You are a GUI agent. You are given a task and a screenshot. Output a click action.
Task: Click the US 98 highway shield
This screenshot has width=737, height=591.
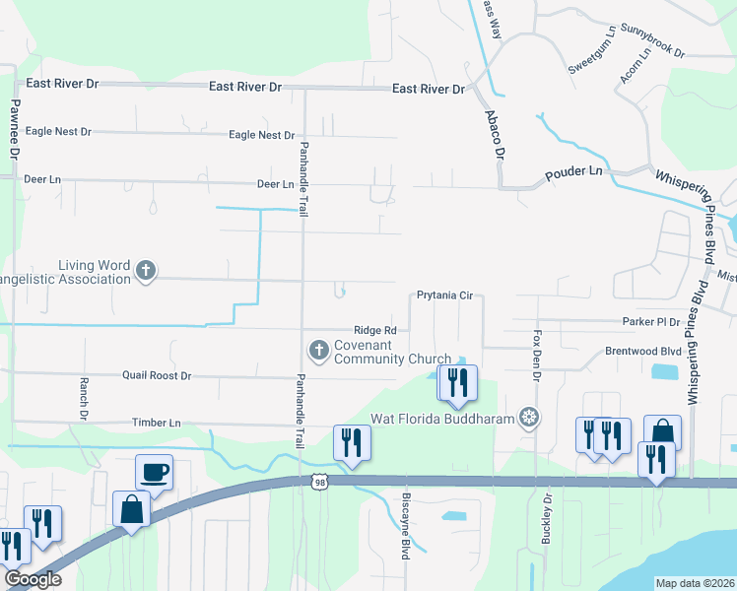click(317, 481)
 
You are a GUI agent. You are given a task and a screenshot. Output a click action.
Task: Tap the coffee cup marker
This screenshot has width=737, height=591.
click(154, 472)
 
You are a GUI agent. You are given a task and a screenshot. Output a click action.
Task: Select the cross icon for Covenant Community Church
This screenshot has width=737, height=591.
click(319, 350)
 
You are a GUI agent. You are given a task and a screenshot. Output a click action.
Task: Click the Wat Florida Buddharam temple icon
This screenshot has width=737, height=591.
click(530, 418)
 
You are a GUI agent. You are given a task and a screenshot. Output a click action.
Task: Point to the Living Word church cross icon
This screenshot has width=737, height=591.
click(146, 271)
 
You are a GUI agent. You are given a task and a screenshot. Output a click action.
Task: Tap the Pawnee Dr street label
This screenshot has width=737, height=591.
click(15, 129)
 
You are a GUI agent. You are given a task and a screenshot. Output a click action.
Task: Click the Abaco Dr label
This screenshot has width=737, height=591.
click(495, 134)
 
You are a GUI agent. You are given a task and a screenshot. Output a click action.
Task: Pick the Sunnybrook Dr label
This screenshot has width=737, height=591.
click(653, 40)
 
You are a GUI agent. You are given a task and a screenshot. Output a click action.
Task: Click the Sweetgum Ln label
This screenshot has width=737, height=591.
click(592, 55)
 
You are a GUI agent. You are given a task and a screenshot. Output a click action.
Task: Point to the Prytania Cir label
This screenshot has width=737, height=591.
click(445, 295)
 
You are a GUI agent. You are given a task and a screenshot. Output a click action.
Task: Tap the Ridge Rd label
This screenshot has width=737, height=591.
click(375, 331)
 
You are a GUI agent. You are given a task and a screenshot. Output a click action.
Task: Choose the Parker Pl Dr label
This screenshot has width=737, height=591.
click(651, 321)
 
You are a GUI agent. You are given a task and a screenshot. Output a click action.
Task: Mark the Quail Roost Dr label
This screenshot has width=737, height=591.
click(157, 375)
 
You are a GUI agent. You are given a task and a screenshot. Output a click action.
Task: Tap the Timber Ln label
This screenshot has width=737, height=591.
click(157, 423)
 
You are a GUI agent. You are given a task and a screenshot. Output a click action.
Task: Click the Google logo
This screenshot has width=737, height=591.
click(33, 579)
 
